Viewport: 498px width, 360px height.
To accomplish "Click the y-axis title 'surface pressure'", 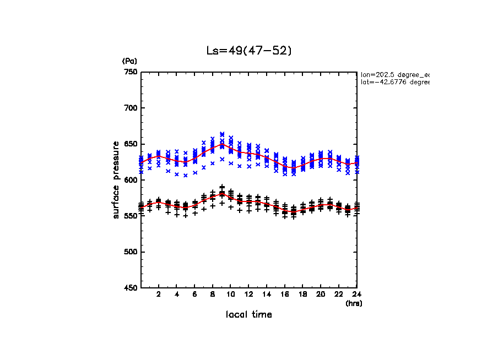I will pyautogui.click(x=116, y=179).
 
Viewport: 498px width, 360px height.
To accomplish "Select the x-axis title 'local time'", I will pyautogui.click(x=248, y=315).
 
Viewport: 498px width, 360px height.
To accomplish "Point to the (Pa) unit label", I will pyautogui.click(x=129, y=61).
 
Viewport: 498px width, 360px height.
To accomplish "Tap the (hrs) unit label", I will pyautogui.click(x=354, y=303).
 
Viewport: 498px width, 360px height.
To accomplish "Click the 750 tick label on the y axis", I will pyautogui.click(x=131, y=72).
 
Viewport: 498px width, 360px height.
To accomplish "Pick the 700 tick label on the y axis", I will pyautogui.click(x=131, y=108).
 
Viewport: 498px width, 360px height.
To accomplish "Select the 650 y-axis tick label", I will pyautogui.click(x=131, y=144).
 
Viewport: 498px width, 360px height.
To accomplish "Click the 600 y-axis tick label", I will pyautogui.click(x=131, y=180).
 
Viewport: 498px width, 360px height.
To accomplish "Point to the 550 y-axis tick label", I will pyautogui.click(x=131, y=216).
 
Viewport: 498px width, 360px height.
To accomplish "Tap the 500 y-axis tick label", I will pyautogui.click(x=131, y=252).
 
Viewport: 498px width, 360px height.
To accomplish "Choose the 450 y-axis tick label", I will pyautogui.click(x=131, y=288).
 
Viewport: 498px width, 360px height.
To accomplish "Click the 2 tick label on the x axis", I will pyautogui.click(x=159, y=295).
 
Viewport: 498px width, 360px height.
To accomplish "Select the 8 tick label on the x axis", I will pyautogui.click(x=213, y=295).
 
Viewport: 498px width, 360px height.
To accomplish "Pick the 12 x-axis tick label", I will pyautogui.click(x=248, y=295).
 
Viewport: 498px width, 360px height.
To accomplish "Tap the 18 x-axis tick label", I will pyautogui.click(x=302, y=295).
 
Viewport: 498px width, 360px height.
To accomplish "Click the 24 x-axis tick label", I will pyautogui.click(x=356, y=295).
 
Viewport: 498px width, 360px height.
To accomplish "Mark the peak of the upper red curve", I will pyautogui.click(x=221, y=145).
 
